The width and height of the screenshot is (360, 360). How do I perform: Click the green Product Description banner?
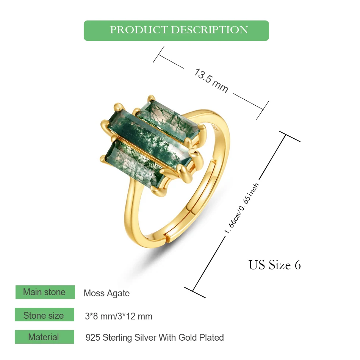pos(176,30)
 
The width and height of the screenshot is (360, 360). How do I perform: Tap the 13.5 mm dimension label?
pos(211,80)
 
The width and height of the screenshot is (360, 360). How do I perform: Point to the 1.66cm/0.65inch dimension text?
pos(242,209)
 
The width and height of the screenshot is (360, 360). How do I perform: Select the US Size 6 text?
pos(274,265)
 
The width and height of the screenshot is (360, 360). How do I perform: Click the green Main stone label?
pos(45,292)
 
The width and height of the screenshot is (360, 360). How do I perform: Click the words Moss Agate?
pos(106,293)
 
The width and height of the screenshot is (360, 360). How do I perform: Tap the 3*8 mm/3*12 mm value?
pos(119,316)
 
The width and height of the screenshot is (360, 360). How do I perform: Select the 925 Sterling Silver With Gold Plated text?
pos(155,337)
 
